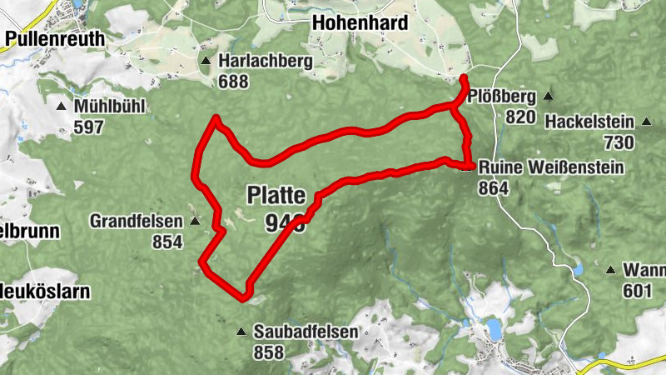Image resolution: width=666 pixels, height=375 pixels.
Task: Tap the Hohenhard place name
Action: [x=360, y=22]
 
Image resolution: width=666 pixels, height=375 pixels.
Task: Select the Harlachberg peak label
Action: [x=266, y=62]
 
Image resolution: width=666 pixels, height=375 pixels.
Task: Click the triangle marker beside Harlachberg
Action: [x=205, y=62]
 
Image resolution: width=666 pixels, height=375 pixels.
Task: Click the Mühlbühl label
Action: [x=110, y=107]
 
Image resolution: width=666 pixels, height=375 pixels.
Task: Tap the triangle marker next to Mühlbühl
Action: [x=61, y=107]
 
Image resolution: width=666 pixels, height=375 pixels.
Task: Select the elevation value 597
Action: [x=89, y=127]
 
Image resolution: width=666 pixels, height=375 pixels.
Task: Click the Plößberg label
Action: [x=501, y=96]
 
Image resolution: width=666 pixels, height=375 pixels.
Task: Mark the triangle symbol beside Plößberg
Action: [x=548, y=95]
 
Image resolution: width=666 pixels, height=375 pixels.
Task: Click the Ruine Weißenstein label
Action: [x=550, y=168]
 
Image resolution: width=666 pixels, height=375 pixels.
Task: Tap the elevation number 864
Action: [x=494, y=189]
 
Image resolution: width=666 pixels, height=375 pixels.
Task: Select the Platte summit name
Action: [x=276, y=195]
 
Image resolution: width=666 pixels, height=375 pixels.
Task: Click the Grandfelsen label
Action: [x=137, y=222]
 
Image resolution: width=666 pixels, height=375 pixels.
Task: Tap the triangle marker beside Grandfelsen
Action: [x=195, y=222]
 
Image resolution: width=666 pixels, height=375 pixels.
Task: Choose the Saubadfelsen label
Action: [x=306, y=332]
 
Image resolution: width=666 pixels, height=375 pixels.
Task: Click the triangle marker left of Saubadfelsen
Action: [x=241, y=332]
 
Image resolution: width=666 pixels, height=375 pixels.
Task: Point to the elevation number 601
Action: [x=637, y=291]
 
